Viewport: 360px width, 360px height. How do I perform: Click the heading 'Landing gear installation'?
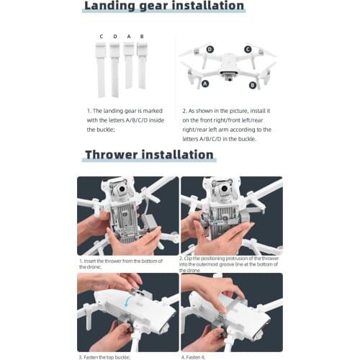163,6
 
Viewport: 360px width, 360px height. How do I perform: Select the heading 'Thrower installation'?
149,154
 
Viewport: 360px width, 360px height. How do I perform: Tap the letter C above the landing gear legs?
102,36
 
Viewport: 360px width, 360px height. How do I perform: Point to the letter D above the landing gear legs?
115,36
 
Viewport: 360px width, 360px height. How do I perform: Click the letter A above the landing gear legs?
128,36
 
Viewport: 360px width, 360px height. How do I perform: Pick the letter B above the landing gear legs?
141,36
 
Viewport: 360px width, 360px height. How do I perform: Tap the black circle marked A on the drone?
206,84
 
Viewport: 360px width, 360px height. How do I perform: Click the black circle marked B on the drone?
253,86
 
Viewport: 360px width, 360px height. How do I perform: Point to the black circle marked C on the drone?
247,49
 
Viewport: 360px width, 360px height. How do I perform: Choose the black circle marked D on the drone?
210,49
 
